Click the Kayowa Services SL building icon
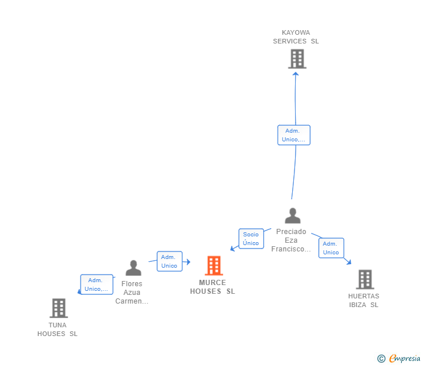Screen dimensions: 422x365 (297, 59)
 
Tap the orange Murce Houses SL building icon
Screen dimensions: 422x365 (214, 266)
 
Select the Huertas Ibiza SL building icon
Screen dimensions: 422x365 (365, 279)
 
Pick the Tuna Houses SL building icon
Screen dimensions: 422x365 (59, 308)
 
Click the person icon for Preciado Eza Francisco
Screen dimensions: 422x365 (293, 216)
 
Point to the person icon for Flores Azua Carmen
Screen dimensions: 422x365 (133, 268)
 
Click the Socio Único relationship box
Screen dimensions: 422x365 (251, 239)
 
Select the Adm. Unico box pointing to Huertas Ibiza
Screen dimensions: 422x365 (331, 248)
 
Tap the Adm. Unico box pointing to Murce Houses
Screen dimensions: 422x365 (169, 261)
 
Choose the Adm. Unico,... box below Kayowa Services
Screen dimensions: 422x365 (294, 135)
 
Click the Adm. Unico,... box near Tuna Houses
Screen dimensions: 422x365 (96, 284)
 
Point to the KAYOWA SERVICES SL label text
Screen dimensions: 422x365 (296, 37)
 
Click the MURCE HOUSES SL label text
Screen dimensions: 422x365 (213, 287)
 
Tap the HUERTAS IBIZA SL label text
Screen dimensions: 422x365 (364, 301)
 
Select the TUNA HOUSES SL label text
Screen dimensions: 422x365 (57, 330)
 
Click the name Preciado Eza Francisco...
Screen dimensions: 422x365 (291, 240)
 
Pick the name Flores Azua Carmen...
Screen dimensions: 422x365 (132, 293)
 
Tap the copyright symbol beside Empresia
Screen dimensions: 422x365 (381, 359)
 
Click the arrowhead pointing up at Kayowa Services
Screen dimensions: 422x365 (296, 73)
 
